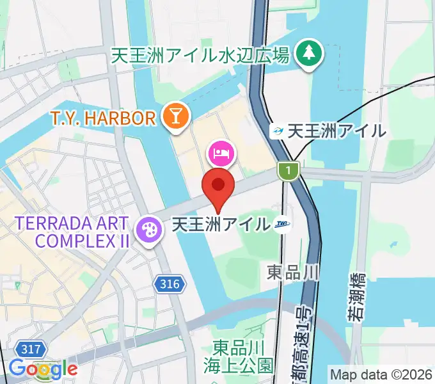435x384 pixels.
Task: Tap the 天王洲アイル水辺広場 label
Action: [200, 55]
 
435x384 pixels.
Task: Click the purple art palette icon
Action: [148, 228]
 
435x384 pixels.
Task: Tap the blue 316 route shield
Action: [170, 282]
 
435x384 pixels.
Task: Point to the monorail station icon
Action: [278, 132]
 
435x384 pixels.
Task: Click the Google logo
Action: [43, 369]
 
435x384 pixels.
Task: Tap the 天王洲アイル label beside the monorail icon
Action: [336, 131]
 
